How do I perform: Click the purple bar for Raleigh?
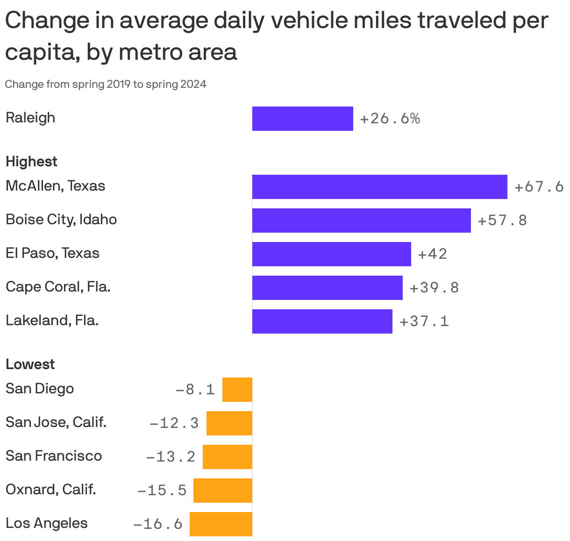pyautogui.click(x=302, y=119)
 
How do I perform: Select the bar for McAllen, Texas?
pyautogui.click(x=379, y=187)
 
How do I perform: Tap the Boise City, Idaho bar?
pyautogui.click(x=361, y=221)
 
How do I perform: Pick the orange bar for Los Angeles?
pyautogui.click(x=221, y=524)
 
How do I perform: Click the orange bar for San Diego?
pyautogui.click(x=237, y=390)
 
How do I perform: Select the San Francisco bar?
pyautogui.click(x=228, y=457)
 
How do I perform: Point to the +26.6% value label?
pyautogui.click(x=390, y=119)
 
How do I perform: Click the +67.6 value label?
pyautogui.click(x=539, y=187)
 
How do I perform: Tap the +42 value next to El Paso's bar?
pyautogui.click(x=432, y=254)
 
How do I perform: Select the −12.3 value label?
pyautogui.click(x=174, y=423)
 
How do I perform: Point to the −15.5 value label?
pyautogui.click(x=162, y=491)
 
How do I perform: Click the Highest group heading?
pyautogui.click(x=31, y=162)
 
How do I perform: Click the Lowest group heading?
pyautogui.click(x=30, y=364)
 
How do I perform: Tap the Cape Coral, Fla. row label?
pyautogui.click(x=58, y=286)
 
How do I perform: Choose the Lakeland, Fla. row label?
pyautogui.click(x=52, y=320)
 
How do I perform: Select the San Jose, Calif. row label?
pyautogui.click(x=56, y=422)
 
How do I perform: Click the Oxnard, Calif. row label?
pyautogui.click(x=51, y=490)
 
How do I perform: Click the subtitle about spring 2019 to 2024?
pyautogui.click(x=106, y=85)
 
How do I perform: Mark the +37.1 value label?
pyautogui.click(x=424, y=321)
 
